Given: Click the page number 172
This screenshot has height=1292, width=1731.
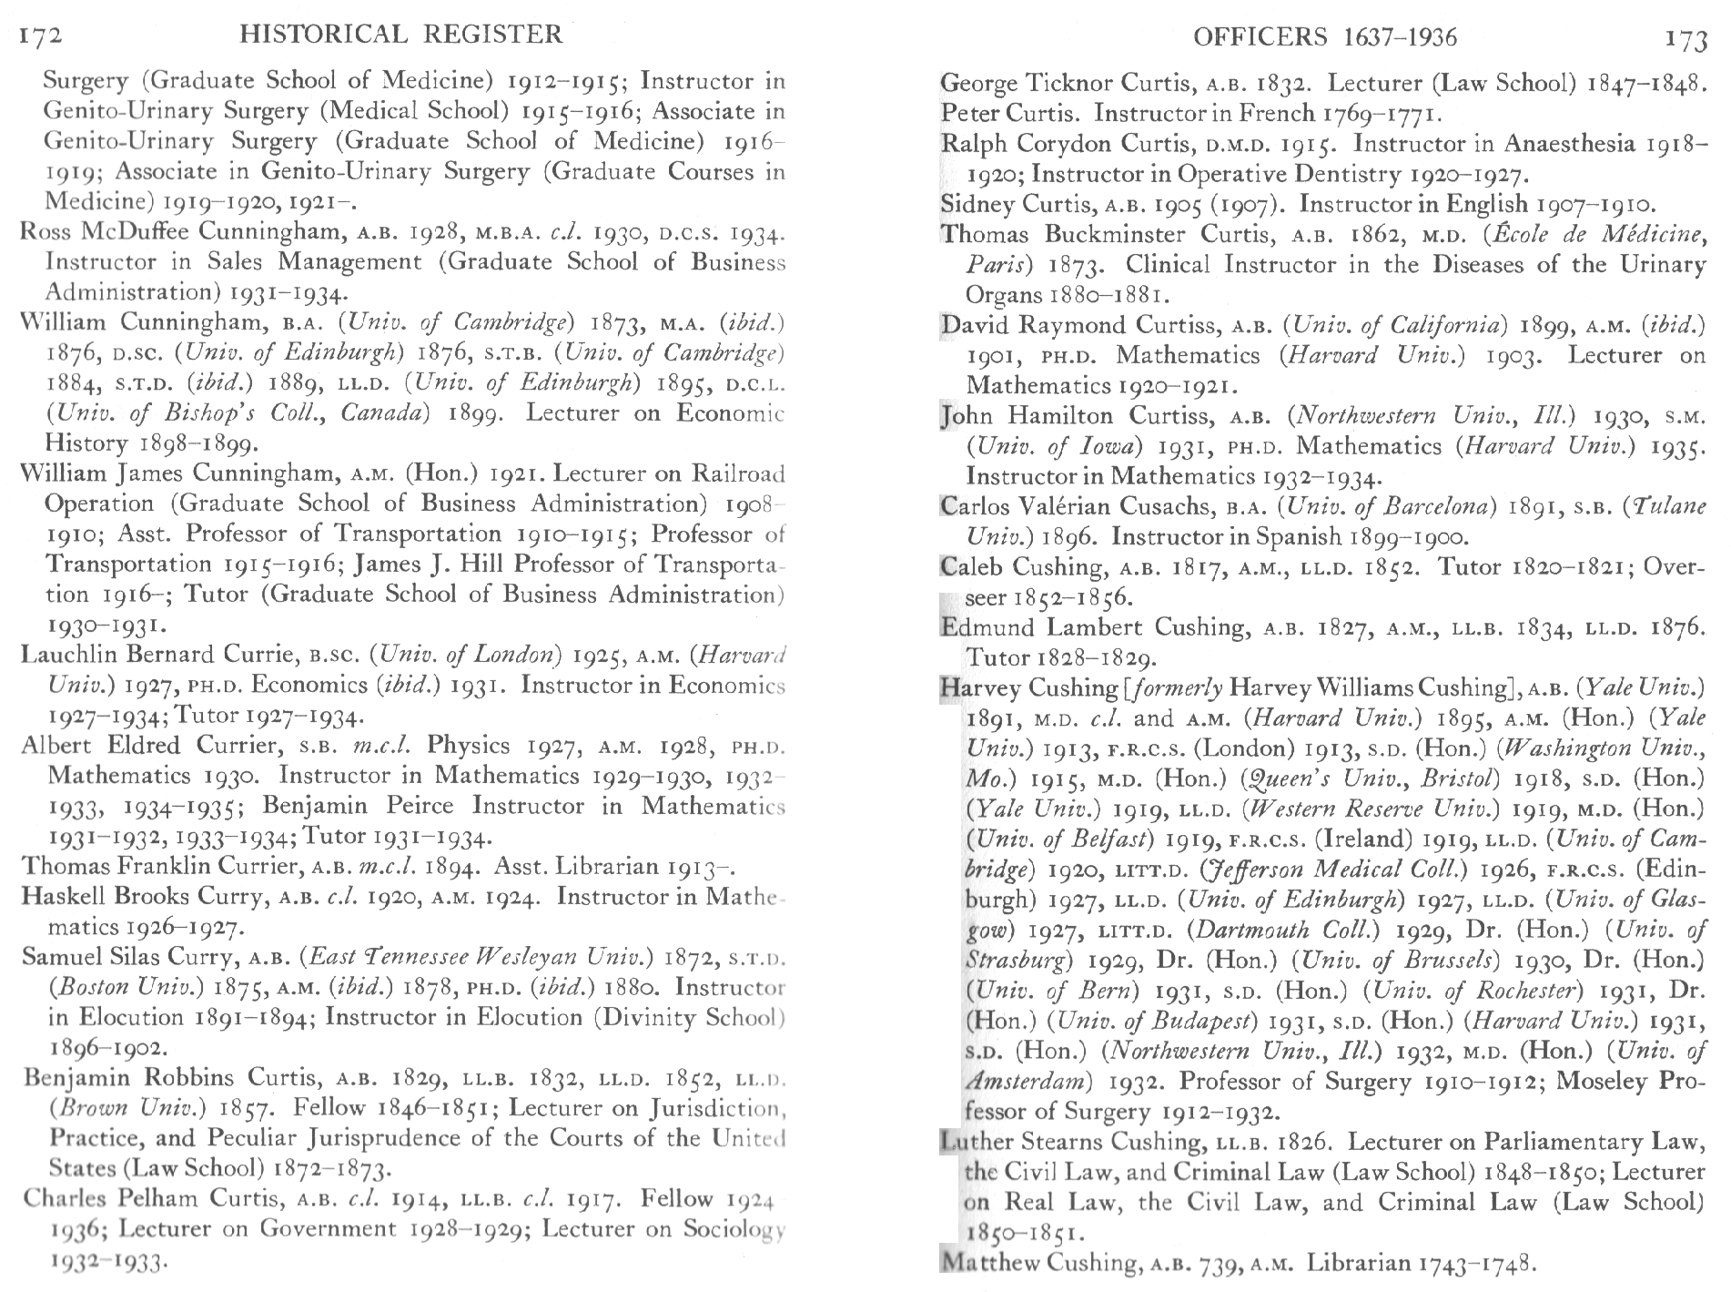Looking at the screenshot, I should coord(40,36).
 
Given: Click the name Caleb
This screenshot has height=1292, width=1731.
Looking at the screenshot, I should coord(972,567).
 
